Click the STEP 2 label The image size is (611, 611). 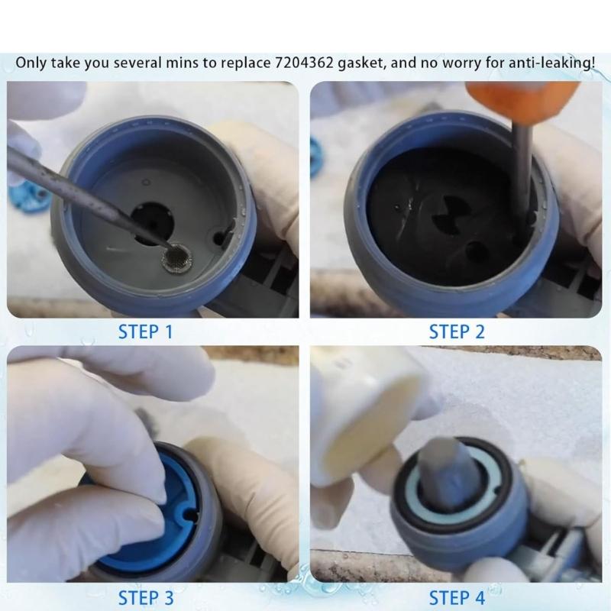pyautogui.click(x=457, y=331)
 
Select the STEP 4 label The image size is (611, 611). pyautogui.click(x=457, y=596)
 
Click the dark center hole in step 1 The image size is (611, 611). pyautogui.click(x=153, y=221)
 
